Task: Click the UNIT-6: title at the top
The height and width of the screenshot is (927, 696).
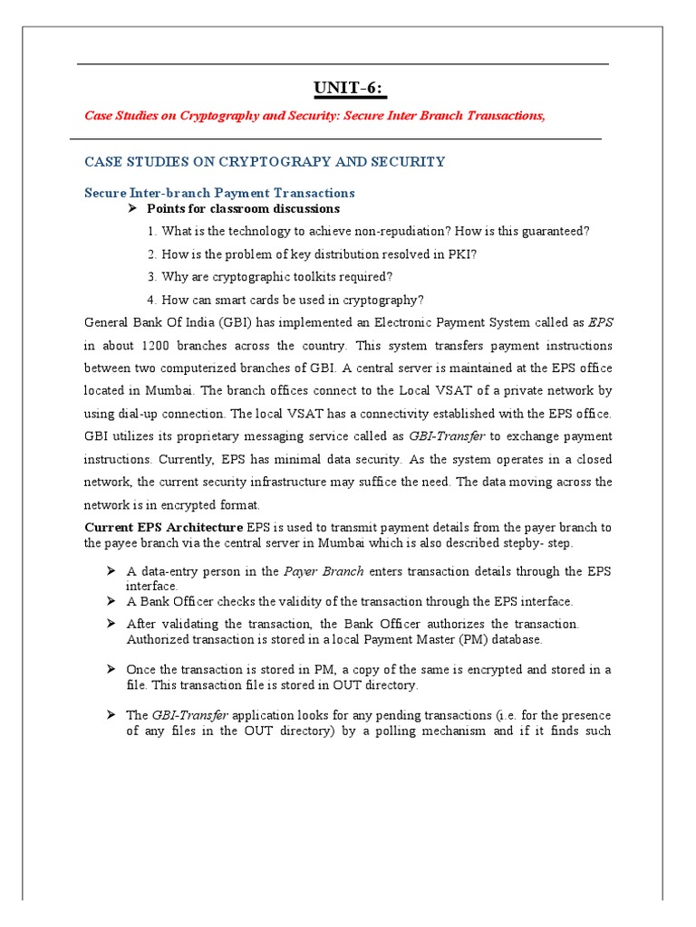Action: pyautogui.click(x=349, y=88)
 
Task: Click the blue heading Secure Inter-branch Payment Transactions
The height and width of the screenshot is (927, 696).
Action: pyautogui.click(x=219, y=193)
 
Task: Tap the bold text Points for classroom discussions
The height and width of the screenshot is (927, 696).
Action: pyautogui.click(x=243, y=208)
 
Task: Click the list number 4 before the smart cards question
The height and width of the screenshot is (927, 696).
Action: pyautogui.click(x=150, y=300)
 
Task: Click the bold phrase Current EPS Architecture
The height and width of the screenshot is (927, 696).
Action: pyautogui.click(x=163, y=527)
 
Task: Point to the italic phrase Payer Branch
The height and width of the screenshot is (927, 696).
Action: pyautogui.click(x=324, y=571)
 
